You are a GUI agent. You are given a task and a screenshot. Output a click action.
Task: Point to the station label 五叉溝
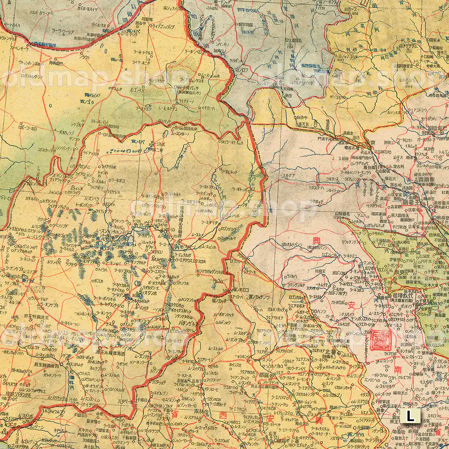[303, 124]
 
